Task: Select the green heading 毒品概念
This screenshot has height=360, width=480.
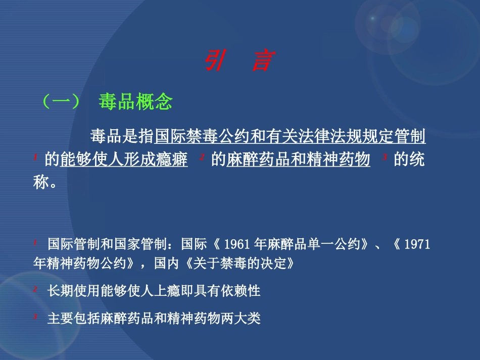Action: pos(135,102)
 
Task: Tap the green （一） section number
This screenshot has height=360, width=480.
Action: pos(61,102)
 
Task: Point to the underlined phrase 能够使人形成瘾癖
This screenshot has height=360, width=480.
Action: pos(124,161)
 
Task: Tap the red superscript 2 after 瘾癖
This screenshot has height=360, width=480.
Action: pos(201,157)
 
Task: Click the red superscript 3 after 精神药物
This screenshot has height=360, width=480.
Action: pos(385,157)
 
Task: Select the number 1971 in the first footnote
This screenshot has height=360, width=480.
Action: pos(417,245)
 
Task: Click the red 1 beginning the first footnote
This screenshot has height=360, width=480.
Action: pos(35,242)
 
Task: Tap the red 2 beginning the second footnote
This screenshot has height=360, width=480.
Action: pos(35,288)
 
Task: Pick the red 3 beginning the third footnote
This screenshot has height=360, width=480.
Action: pos(35,316)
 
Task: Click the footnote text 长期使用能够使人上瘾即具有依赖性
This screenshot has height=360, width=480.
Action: pos(154,291)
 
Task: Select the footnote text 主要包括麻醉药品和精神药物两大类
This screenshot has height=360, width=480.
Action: pos(154,319)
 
